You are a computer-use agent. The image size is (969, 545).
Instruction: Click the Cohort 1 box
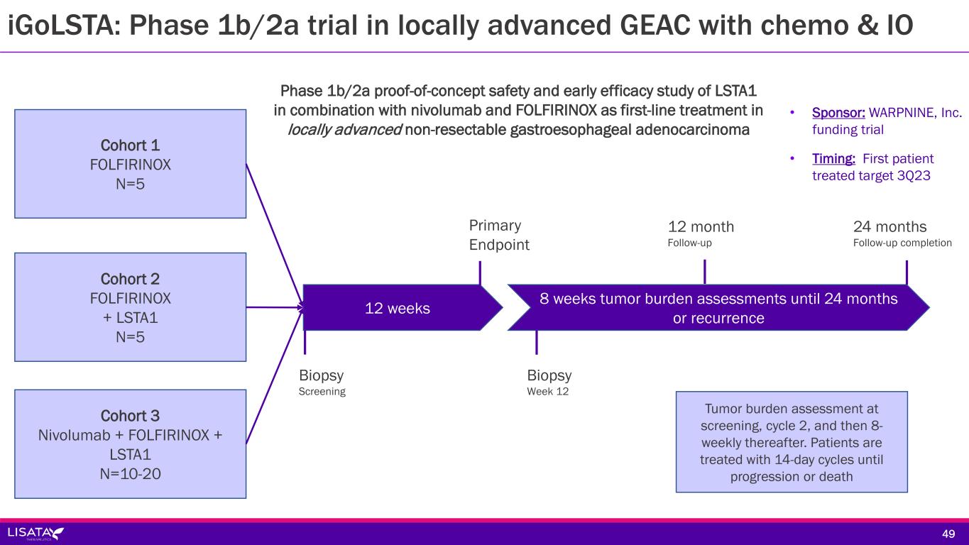point(131,164)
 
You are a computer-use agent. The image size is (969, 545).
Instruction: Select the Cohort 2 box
point(131,307)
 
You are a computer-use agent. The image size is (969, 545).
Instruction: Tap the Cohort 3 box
point(131,444)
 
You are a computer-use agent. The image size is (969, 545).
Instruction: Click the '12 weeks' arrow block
point(398,308)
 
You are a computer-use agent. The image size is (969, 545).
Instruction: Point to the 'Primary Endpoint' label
point(499,235)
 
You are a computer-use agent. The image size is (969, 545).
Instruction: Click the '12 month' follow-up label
point(701,233)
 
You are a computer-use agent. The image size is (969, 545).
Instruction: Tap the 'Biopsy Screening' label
point(322,382)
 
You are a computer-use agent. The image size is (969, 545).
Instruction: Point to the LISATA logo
point(35,533)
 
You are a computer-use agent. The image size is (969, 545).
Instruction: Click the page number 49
point(948,534)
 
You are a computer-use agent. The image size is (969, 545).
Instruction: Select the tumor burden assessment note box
point(792,442)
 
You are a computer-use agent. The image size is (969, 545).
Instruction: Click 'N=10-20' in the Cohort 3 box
point(131,471)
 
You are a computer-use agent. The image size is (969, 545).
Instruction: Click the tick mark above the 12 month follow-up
point(704,272)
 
